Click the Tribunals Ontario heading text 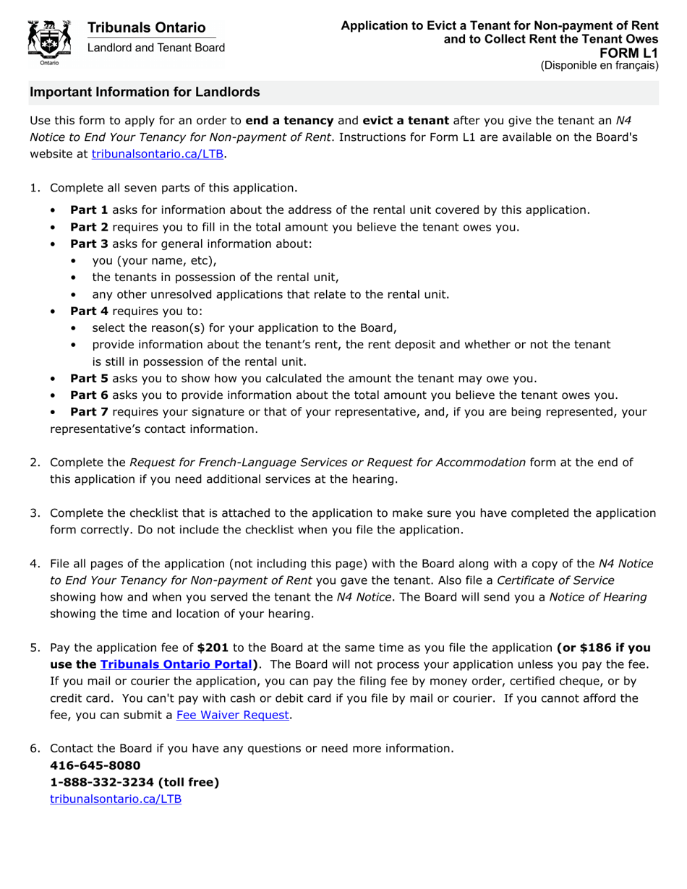click(146, 27)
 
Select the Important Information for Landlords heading click(145, 93)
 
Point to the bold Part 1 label click(89, 210)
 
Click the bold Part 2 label click(89, 227)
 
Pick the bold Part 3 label click(89, 244)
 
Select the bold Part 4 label click(89, 311)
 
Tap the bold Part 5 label click(89, 378)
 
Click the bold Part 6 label click(89, 395)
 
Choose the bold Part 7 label click(89, 412)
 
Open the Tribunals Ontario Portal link click(179, 664)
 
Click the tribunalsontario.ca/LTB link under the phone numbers click(116, 799)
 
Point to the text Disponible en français click(599, 65)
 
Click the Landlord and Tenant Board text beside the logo click(156, 48)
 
